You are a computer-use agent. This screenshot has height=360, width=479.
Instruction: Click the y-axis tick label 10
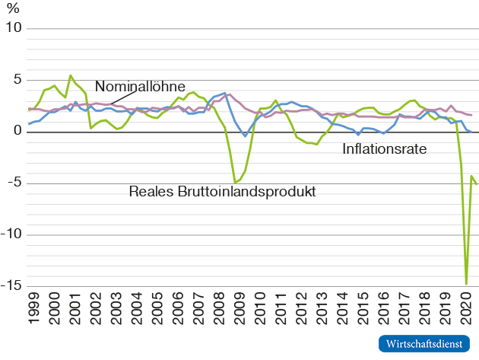pyautogui.click(x=14, y=29)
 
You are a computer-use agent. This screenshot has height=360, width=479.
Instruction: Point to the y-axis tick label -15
pyautogui.click(x=12, y=286)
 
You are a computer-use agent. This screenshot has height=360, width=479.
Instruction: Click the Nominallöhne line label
pyautogui.click(x=141, y=86)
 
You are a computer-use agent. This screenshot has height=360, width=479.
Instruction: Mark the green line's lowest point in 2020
pyautogui.click(x=466, y=283)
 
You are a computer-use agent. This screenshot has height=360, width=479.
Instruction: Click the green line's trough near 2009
pyautogui.click(x=235, y=183)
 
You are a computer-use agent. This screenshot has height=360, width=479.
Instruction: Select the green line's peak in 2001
pyautogui.click(x=71, y=75)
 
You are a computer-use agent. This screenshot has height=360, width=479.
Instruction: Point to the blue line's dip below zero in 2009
pyautogui.click(x=245, y=136)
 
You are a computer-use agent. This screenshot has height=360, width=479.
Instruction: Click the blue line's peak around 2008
pyautogui.click(x=225, y=93)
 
